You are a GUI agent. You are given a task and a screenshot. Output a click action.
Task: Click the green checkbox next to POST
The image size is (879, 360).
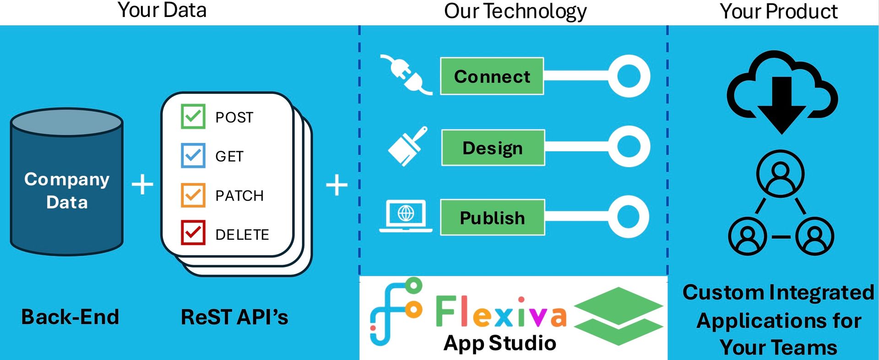tap(193, 116)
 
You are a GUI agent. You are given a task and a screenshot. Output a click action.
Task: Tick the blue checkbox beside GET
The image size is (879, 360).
tap(193, 156)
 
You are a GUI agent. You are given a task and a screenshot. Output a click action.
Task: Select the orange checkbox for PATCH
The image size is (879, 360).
tap(193, 195)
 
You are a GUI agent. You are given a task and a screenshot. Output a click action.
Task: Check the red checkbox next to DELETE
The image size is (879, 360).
tap(193, 233)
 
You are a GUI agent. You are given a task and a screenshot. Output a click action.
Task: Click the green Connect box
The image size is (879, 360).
tap(492, 76)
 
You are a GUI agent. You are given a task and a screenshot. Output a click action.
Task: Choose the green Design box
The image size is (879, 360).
tap(493, 147)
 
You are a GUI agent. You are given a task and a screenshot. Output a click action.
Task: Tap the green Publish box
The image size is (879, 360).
tap(492, 218)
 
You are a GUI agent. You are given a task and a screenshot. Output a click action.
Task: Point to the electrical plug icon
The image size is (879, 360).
tap(405, 75)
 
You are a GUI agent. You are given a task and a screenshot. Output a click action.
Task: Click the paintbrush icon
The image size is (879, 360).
tap(407, 146)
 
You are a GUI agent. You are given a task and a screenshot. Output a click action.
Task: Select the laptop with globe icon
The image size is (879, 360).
tap(406, 215)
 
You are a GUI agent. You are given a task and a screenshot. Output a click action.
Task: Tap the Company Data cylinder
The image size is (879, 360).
tap(67, 183)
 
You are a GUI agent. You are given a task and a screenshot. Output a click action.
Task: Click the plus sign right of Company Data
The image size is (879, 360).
tap(142, 184)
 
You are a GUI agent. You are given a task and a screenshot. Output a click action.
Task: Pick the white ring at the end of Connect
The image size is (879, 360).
tap(629, 76)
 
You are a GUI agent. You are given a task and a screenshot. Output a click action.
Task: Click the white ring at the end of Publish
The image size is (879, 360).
tap(629, 217)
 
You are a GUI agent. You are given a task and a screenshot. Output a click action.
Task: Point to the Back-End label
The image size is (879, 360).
tap(70, 317)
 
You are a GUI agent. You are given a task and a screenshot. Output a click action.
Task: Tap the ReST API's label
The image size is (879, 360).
tap(234, 317)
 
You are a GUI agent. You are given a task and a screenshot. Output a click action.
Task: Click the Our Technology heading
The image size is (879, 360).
tap(515, 11)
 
